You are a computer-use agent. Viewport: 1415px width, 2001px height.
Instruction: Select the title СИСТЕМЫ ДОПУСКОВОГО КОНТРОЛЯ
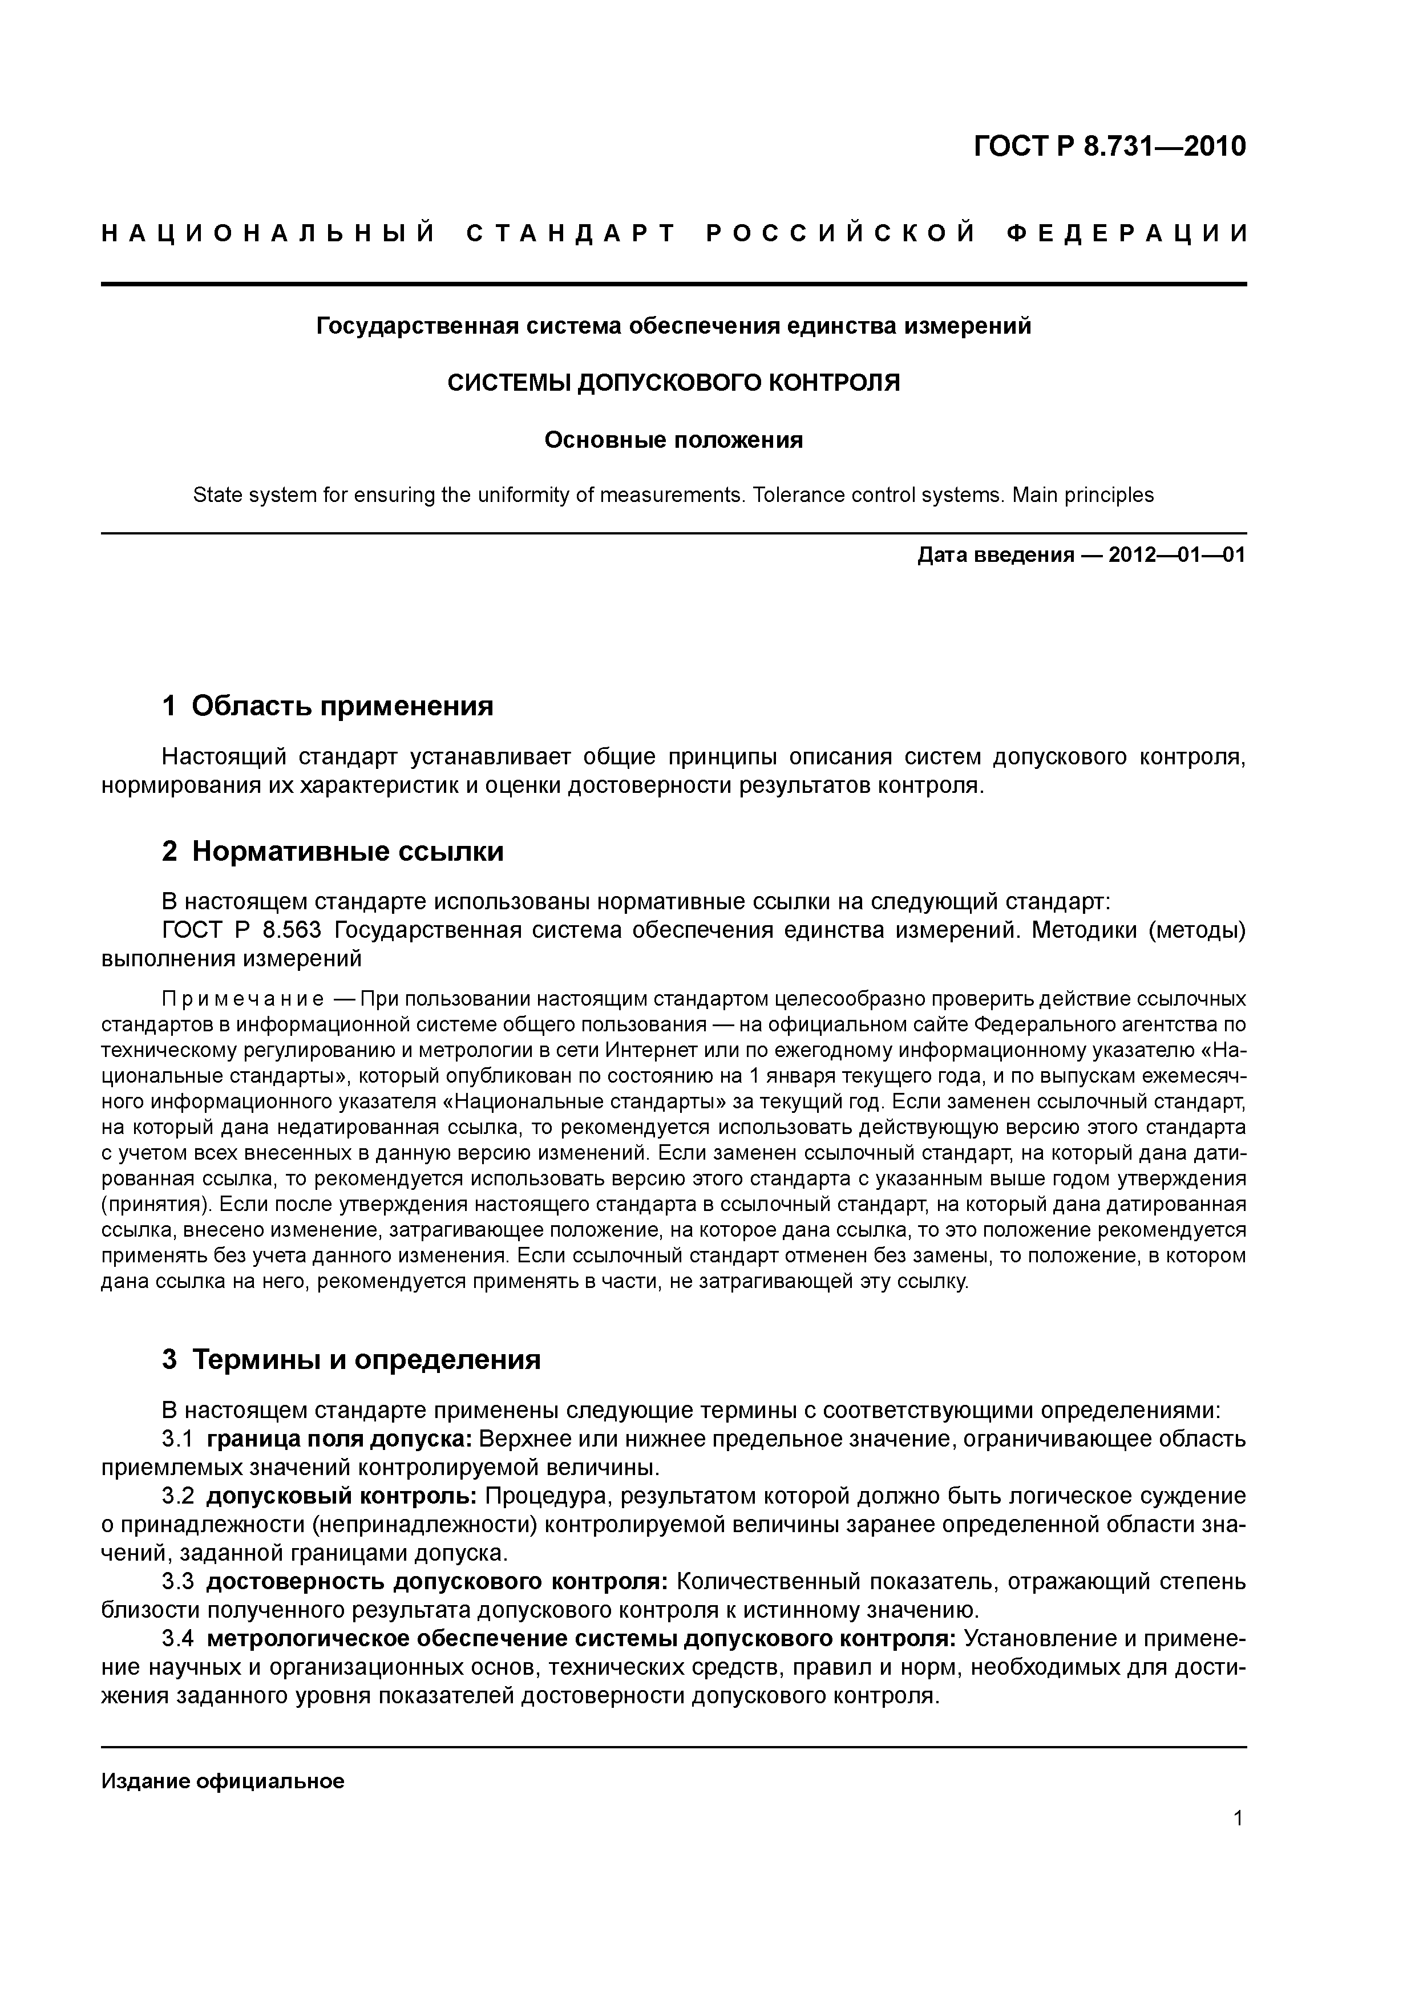[673, 383]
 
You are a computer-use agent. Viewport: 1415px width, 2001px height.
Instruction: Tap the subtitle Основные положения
[673, 440]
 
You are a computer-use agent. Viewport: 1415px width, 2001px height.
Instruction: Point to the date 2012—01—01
[1177, 555]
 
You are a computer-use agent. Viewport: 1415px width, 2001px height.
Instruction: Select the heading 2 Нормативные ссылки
[333, 850]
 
